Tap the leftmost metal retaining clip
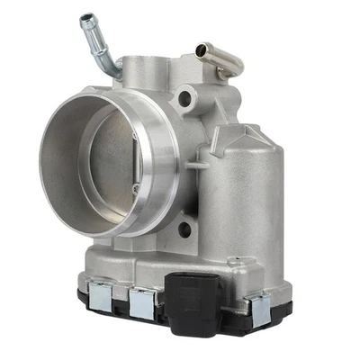[99, 295]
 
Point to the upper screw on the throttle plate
[136, 136]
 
